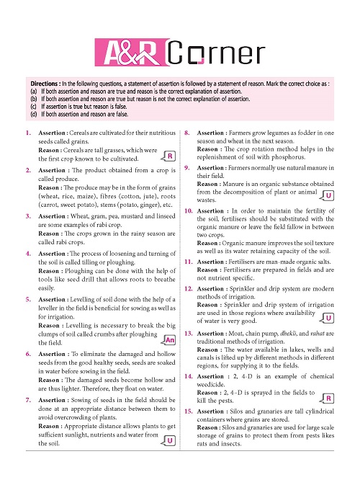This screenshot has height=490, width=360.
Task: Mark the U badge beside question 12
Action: click(328, 318)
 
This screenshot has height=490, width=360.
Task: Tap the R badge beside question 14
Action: click(328, 398)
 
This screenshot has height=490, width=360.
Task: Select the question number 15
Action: click(187, 410)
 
